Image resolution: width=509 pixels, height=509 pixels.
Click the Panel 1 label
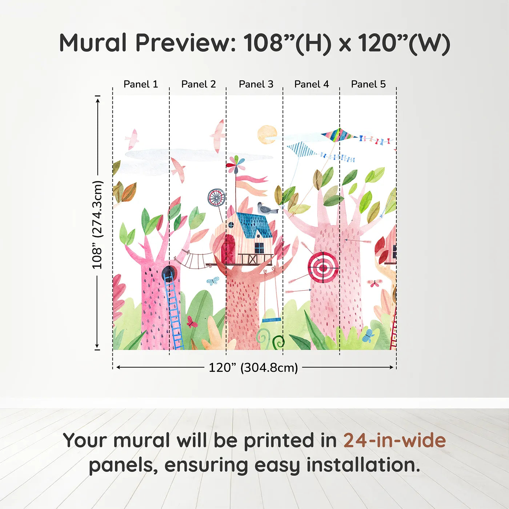point(141,84)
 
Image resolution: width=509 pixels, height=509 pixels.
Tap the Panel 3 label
point(256,84)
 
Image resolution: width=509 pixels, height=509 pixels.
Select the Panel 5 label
point(368,84)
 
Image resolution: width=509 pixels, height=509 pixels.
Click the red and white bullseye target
point(322,268)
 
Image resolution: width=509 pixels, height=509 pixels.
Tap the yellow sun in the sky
point(267,135)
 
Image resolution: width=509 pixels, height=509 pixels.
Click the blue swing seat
point(272,320)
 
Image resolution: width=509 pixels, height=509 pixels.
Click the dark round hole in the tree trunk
point(169,272)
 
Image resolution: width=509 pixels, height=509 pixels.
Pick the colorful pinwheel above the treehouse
point(235,164)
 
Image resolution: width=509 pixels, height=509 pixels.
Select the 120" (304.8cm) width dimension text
point(253,368)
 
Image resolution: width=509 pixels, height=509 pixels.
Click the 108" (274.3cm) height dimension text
point(97,225)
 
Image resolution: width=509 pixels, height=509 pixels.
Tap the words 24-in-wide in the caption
point(394,440)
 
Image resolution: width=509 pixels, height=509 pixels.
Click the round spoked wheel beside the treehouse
point(217,198)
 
